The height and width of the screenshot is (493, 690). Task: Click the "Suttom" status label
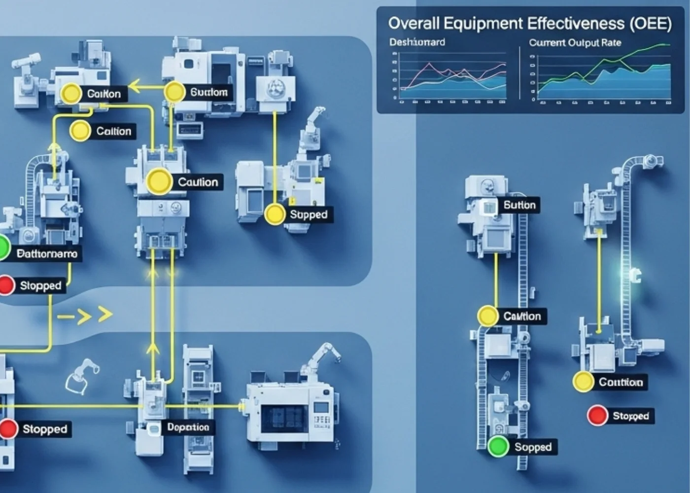click(x=208, y=92)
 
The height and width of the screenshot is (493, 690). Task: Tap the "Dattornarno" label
click(x=47, y=254)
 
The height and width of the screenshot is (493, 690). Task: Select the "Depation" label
click(x=188, y=427)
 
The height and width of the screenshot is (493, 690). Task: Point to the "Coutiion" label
click(x=621, y=383)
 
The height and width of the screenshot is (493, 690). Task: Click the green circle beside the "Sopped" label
click(x=498, y=447)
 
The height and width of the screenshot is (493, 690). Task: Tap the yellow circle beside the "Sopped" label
click(x=275, y=214)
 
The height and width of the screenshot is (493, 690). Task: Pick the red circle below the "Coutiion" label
click(x=597, y=416)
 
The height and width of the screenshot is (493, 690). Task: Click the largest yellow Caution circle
click(x=159, y=181)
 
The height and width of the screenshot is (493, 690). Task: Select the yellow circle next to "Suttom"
click(x=174, y=92)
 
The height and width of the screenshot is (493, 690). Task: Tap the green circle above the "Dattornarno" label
click(x=2, y=247)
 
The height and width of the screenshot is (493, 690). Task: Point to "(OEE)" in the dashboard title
click(x=651, y=24)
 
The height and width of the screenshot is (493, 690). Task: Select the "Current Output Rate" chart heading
click(x=575, y=43)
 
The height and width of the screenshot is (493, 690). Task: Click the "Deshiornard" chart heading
click(x=417, y=42)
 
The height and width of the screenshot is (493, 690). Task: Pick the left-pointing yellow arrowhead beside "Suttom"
click(x=135, y=89)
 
